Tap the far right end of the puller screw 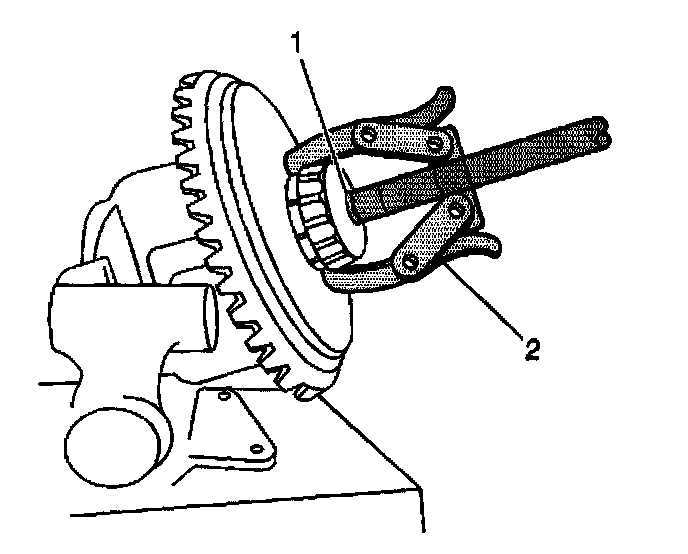pos(603,126)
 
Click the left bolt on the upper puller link pos(369,133)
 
